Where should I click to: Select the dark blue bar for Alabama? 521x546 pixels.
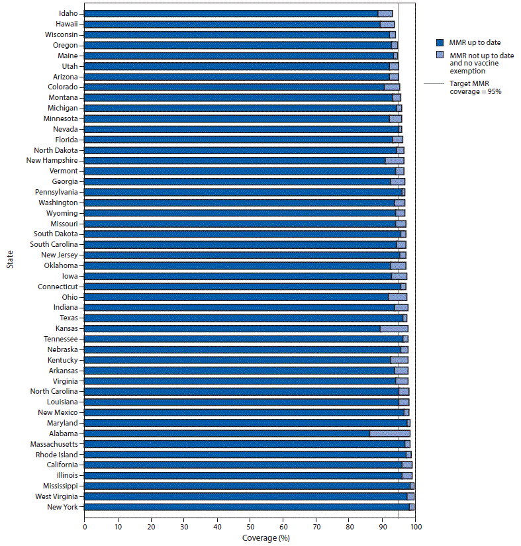pyautogui.click(x=227, y=433)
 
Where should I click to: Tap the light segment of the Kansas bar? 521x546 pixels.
pyautogui.click(x=394, y=328)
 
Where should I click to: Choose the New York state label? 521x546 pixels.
pyautogui.click(x=64, y=507)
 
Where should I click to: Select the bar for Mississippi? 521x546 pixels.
pyautogui.click(x=248, y=486)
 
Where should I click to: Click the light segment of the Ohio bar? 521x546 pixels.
pyautogui.click(x=398, y=297)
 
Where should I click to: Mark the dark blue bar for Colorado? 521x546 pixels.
pyautogui.click(x=234, y=87)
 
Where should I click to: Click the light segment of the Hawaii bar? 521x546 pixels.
pyautogui.click(x=387, y=24)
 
